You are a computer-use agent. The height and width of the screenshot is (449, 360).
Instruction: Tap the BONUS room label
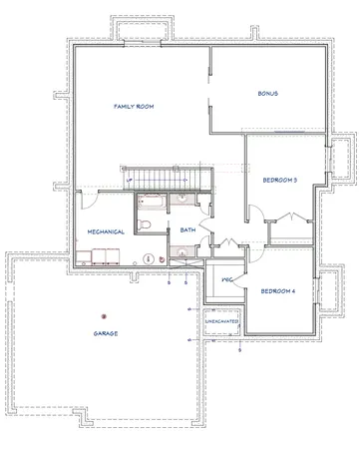pyautogui.click(x=266, y=94)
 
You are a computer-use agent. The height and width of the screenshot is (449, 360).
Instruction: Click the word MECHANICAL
pyautogui.click(x=106, y=231)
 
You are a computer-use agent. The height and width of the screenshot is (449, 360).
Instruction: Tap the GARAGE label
pyautogui.click(x=107, y=333)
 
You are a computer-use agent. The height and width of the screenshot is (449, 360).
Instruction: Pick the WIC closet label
pyautogui.click(x=226, y=280)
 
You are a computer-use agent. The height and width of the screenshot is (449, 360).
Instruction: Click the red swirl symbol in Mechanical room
pyautogui.click(x=149, y=258)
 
